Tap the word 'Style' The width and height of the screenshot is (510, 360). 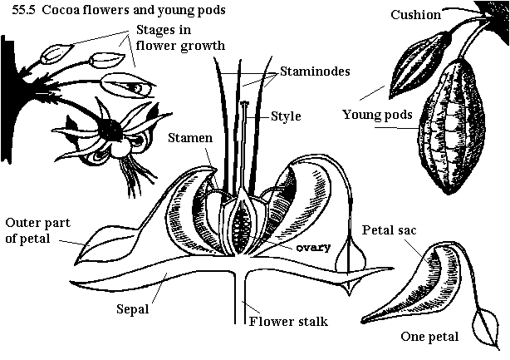pyautogui.click(x=286, y=116)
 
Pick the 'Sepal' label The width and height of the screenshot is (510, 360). pyautogui.click(x=133, y=309)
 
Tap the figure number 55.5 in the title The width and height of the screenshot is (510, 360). pyautogui.click(x=15, y=11)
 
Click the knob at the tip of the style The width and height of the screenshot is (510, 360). pyautogui.click(x=245, y=106)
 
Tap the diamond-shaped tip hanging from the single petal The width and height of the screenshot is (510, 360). pyautogui.click(x=480, y=323)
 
